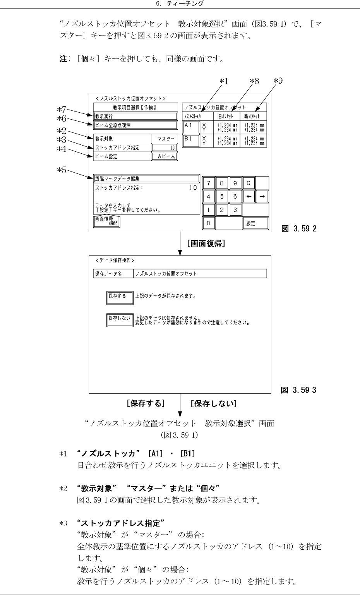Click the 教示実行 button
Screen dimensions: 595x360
pyautogui.click(x=135, y=116)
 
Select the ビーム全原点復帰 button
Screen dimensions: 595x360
pyautogui.click(x=135, y=125)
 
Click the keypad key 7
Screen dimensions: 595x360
pyautogui.click(x=209, y=183)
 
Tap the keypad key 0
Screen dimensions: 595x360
pyautogui.click(x=209, y=223)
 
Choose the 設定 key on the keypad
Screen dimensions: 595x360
pyautogui.click(x=255, y=223)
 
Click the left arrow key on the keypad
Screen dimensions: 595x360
pyautogui.click(x=249, y=197)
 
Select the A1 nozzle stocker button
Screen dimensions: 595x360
pyautogui.click(x=190, y=127)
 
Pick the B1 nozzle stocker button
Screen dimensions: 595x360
pyautogui.click(x=190, y=140)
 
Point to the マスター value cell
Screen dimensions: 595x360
pyautogui.click(x=165, y=139)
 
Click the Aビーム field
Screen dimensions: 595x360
pyautogui.click(x=165, y=156)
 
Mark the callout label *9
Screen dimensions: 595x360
pyautogui.click(x=278, y=81)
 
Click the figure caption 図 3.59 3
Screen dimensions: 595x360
pyautogui.click(x=298, y=390)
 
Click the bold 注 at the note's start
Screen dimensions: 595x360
pyautogui.click(x=62, y=60)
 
